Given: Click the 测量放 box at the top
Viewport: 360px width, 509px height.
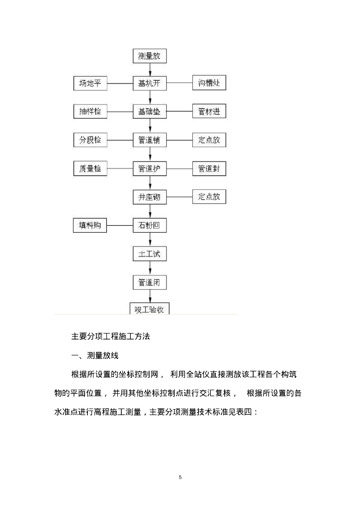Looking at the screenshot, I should (149, 56).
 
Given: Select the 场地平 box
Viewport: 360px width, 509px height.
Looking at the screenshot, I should (90, 83).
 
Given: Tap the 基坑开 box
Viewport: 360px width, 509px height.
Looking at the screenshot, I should (149, 83).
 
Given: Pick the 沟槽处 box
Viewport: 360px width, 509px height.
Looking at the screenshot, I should (209, 83).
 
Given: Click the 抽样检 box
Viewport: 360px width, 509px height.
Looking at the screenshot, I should (90, 111).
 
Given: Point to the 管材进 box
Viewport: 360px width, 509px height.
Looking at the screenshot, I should (209, 111).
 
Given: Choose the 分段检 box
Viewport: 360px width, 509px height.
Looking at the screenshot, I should (90, 140).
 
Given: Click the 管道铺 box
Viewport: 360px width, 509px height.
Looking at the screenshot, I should (149, 140).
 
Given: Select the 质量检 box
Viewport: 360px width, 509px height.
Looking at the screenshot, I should (90, 169).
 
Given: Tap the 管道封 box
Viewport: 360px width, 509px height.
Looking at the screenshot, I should (209, 169).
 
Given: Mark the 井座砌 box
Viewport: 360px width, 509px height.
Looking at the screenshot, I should (149, 197).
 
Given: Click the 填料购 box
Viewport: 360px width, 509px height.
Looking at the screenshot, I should (90, 225).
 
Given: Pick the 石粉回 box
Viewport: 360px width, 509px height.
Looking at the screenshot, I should (149, 225).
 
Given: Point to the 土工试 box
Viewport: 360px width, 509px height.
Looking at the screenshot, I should (149, 254).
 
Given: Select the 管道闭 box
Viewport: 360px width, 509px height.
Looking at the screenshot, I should (149, 283).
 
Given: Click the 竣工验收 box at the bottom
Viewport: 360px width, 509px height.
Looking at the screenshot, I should (149, 309).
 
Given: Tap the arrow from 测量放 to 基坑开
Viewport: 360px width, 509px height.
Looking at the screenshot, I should (150, 70).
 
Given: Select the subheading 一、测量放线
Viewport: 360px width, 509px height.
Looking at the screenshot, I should (95, 355).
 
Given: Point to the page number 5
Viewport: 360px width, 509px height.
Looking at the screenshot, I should (180, 477).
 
